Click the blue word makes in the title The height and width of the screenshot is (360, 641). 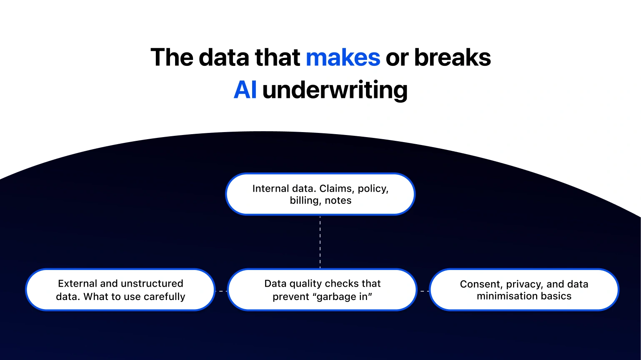pos(343,57)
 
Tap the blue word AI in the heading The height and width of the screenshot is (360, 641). pos(245,90)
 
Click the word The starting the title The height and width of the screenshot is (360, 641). pos(171,57)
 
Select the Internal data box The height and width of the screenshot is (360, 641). pos(320,194)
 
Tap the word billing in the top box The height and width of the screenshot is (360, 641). pos(304,200)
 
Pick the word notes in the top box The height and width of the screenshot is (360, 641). pos(338,200)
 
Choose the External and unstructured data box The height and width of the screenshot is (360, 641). pos(120,290)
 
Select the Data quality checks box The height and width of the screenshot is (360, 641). pos(322,290)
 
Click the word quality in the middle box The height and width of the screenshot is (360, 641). pos(305,284)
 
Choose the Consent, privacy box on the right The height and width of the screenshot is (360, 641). pos(524,290)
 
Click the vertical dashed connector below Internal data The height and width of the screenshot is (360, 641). pos(320,242)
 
